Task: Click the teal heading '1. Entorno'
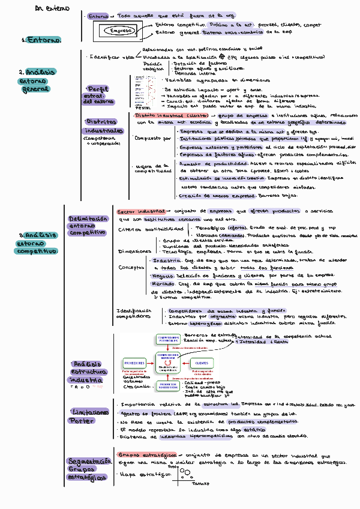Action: (x=41, y=40)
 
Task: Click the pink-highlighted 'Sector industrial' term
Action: (x=139, y=211)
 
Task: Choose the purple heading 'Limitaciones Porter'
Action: (x=88, y=415)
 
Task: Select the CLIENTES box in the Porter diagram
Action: (x=202, y=363)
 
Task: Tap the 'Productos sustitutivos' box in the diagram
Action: (x=168, y=386)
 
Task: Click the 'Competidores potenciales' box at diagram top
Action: (x=168, y=339)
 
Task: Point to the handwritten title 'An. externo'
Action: (x=52, y=9)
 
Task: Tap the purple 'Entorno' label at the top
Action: (x=98, y=16)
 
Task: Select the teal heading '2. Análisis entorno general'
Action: (x=37, y=80)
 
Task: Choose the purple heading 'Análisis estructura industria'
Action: (x=86, y=372)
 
